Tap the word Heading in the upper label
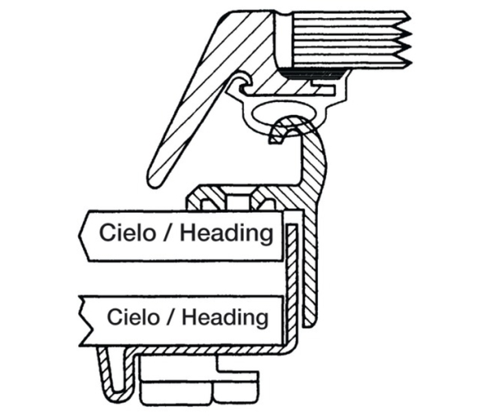coord(227,233)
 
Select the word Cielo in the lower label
coord(133,317)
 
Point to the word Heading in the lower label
coord(225,318)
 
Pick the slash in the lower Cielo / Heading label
coord(170,317)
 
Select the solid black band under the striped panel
coord(315,74)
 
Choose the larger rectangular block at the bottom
coord(177,392)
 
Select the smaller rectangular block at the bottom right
coord(235,391)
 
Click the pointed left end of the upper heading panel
coord(80,235)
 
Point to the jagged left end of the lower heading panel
coord(85,320)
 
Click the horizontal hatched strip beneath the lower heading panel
coord(209,350)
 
